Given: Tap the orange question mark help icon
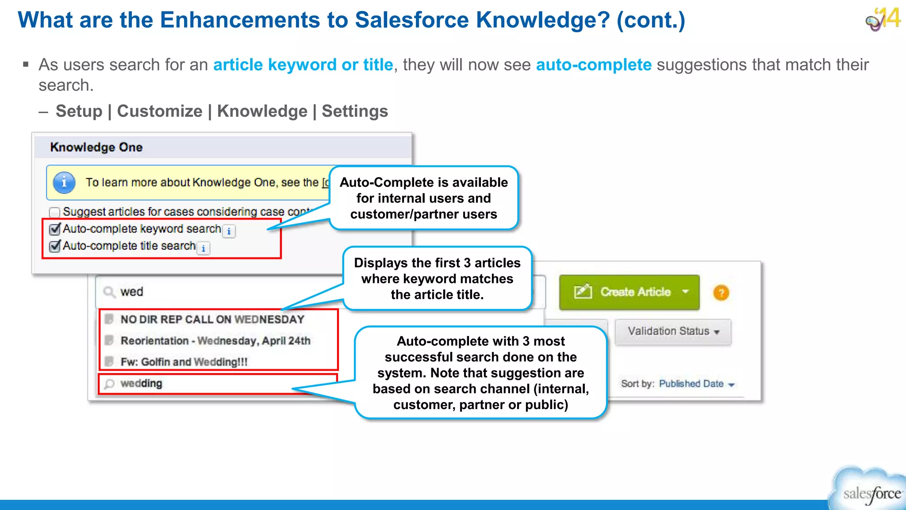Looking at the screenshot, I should point(721,293).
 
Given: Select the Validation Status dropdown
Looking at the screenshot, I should point(672,332).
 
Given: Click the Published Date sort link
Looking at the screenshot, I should point(691,384).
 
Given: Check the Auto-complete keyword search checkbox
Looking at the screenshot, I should point(55,229).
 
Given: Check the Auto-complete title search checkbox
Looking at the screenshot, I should point(55,246).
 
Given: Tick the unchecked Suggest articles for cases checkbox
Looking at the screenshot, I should point(55,212).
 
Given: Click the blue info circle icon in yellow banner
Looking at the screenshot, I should point(64,182).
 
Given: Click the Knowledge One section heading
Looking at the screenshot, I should point(96,147).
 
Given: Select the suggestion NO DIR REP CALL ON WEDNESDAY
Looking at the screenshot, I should point(212,320).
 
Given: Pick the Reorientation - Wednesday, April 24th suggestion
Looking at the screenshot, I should point(215,341).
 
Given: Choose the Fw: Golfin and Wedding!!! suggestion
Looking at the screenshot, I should point(184,362).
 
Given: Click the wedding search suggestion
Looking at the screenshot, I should point(141,383).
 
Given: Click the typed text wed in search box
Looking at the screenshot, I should point(132,292).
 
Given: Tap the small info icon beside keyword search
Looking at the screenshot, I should point(229,231).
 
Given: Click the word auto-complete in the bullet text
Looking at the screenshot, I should point(594,65).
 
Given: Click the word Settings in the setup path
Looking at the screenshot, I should point(355,111).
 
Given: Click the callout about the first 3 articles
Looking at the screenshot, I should point(437,278).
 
